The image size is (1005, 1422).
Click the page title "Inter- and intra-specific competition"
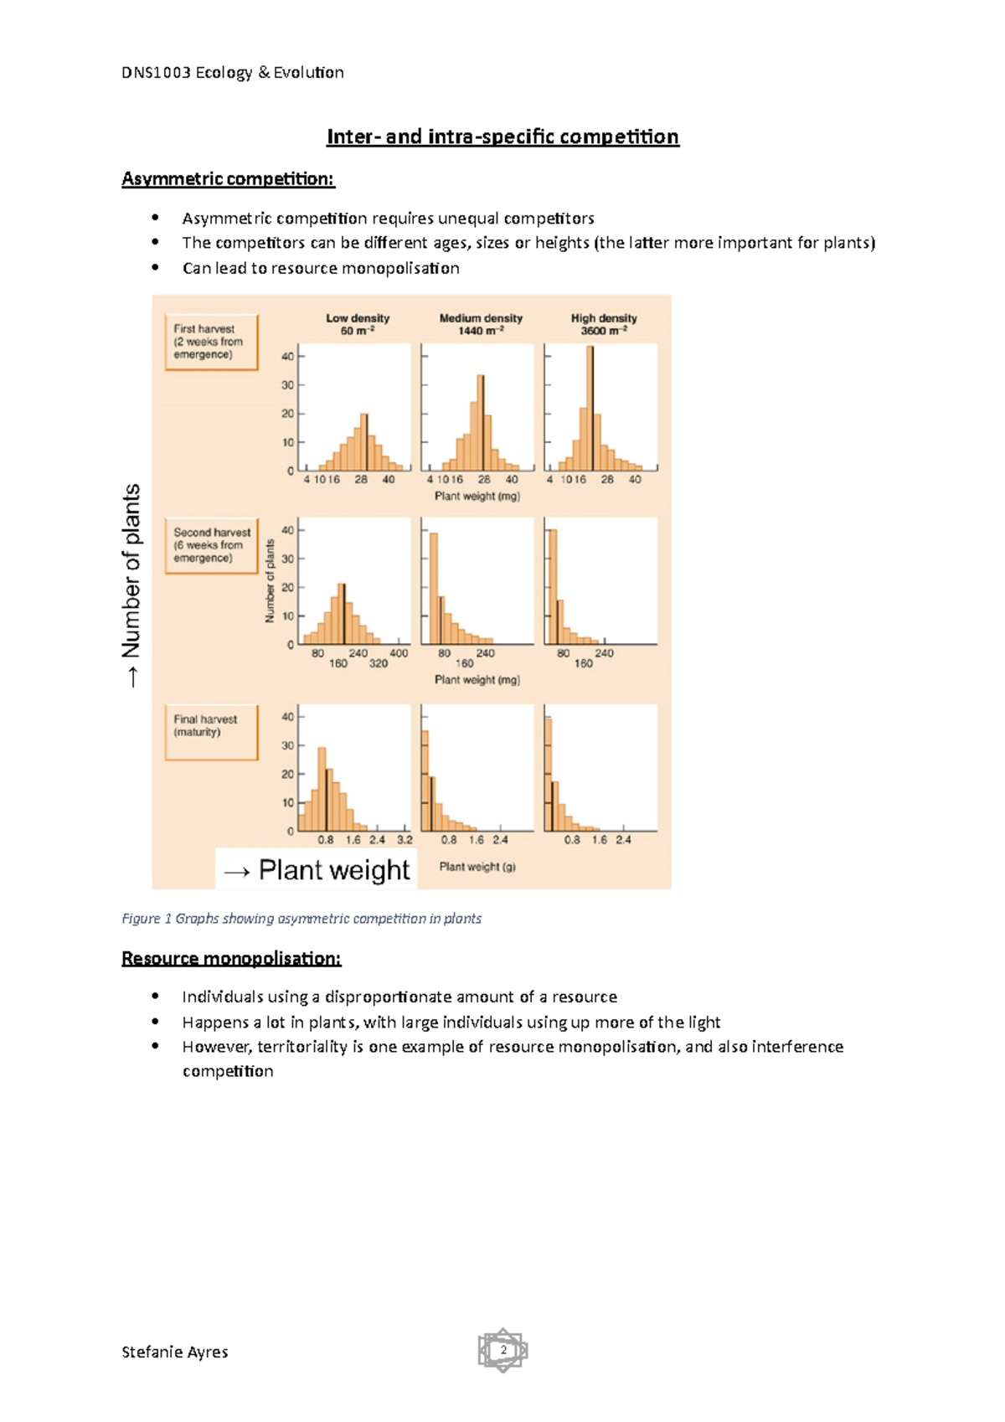(x=502, y=137)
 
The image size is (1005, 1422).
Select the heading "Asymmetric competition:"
(x=228, y=178)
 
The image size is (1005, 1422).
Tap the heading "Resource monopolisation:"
(x=231, y=958)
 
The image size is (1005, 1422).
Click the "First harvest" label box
(x=211, y=342)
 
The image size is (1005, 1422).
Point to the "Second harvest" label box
(x=211, y=545)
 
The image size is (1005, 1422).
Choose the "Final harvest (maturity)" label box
(x=211, y=731)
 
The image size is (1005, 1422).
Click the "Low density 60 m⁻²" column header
(x=358, y=324)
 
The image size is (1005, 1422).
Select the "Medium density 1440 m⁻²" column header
(x=481, y=324)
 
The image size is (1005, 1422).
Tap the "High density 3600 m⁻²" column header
(x=604, y=324)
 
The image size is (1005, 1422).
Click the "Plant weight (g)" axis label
(x=477, y=867)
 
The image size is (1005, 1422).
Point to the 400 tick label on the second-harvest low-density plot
(x=399, y=653)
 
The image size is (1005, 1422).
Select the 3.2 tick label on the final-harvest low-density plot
(x=405, y=839)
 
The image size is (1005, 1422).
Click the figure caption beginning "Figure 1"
(x=301, y=919)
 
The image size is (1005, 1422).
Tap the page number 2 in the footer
(x=503, y=1350)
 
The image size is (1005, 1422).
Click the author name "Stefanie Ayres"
(x=174, y=1352)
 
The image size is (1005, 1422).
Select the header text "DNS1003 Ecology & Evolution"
(x=233, y=73)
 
